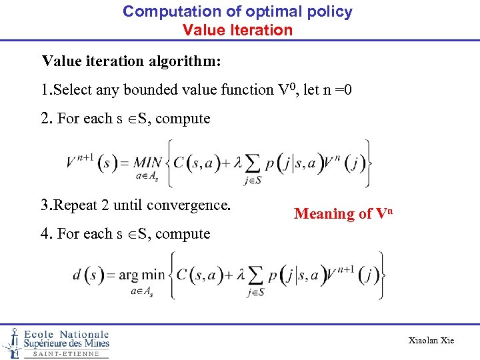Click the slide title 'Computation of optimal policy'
tap(237, 11)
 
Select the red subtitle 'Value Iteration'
tap(237, 30)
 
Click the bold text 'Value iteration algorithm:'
tap(131, 61)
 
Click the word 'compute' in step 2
tap(183, 119)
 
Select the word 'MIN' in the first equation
tap(148, 163)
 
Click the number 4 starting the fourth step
tap(44, 234)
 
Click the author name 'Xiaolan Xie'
tap(431, 341)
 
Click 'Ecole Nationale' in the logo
tap(66, 334)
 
